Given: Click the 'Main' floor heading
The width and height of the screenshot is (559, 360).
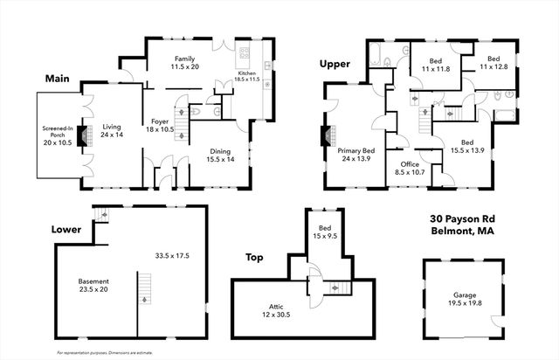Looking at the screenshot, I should click(x=58, y=79).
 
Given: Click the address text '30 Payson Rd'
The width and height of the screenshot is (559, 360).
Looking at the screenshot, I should click(x=462, y=218).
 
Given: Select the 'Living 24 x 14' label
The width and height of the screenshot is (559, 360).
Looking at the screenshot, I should click(x=111, y=130).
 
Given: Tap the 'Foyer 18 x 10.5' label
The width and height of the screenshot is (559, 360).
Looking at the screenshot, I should click(x=160, y=125).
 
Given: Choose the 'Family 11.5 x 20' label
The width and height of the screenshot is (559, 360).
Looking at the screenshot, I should click(x=185, y=60).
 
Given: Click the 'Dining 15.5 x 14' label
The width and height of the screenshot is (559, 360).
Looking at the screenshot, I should click(x=220, y=155).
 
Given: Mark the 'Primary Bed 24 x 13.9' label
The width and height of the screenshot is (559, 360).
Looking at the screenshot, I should click(x=355, y=155).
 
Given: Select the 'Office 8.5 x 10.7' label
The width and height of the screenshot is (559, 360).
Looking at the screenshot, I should click(x=411, y=169).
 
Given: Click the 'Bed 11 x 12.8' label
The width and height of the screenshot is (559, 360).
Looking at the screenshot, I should click(x=493, y=61).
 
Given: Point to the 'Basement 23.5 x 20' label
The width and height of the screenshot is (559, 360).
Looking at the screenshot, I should click(x=93, y=284).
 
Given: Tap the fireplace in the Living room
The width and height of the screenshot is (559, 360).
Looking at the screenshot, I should click(x=83, y=136).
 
